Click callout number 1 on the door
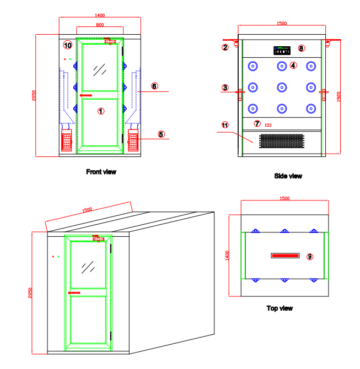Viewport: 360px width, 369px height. tap(101, 111)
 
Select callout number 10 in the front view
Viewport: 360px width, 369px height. tap(67, 45)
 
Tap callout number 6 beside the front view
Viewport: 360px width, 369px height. tap(154, 86)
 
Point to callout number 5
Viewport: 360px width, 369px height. tap(161, 134)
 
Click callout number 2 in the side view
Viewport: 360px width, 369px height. tap(225, 47)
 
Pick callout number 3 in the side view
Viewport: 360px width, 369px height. tap(225, 87)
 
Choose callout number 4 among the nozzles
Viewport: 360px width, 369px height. tap(293, 65)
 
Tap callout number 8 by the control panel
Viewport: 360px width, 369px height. tap(301, 48)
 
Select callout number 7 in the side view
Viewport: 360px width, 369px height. tap(257, 123)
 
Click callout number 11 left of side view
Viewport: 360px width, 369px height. tap(225, 125)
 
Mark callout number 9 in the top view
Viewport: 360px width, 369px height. tap(309, 257)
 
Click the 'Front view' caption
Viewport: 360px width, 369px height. tap(101, 172)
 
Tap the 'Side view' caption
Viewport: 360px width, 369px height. tap(288, 176)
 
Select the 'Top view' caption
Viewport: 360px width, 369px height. tap(280, 308)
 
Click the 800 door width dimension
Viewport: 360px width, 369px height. tap(100, 25)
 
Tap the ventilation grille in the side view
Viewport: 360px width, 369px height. tap(281, 142)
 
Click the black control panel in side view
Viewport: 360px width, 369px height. tap(282, 51)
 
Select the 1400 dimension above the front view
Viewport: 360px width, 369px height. tap(100, 15)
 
